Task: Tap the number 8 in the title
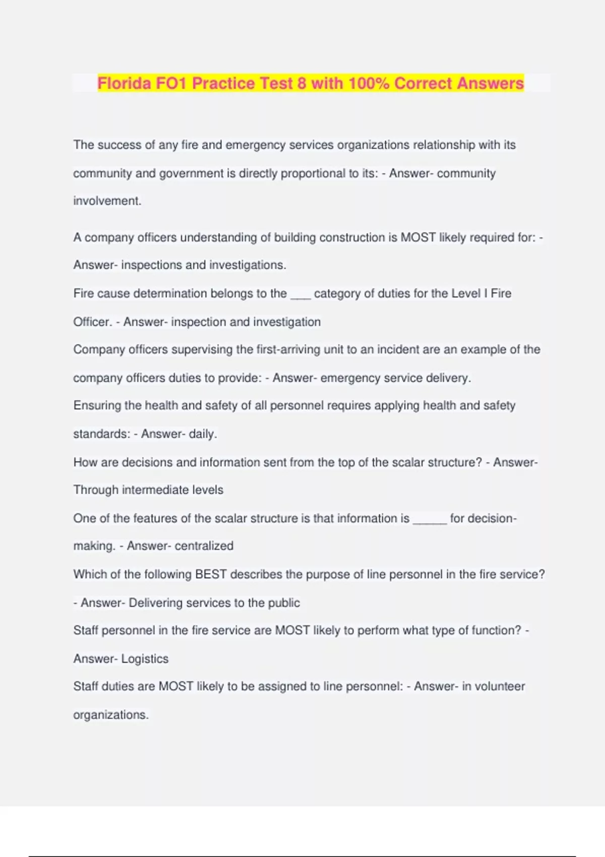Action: click(x=301, y=83)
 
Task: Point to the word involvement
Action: click(x=107, y=201)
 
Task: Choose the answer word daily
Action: click(x=203, y=434)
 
